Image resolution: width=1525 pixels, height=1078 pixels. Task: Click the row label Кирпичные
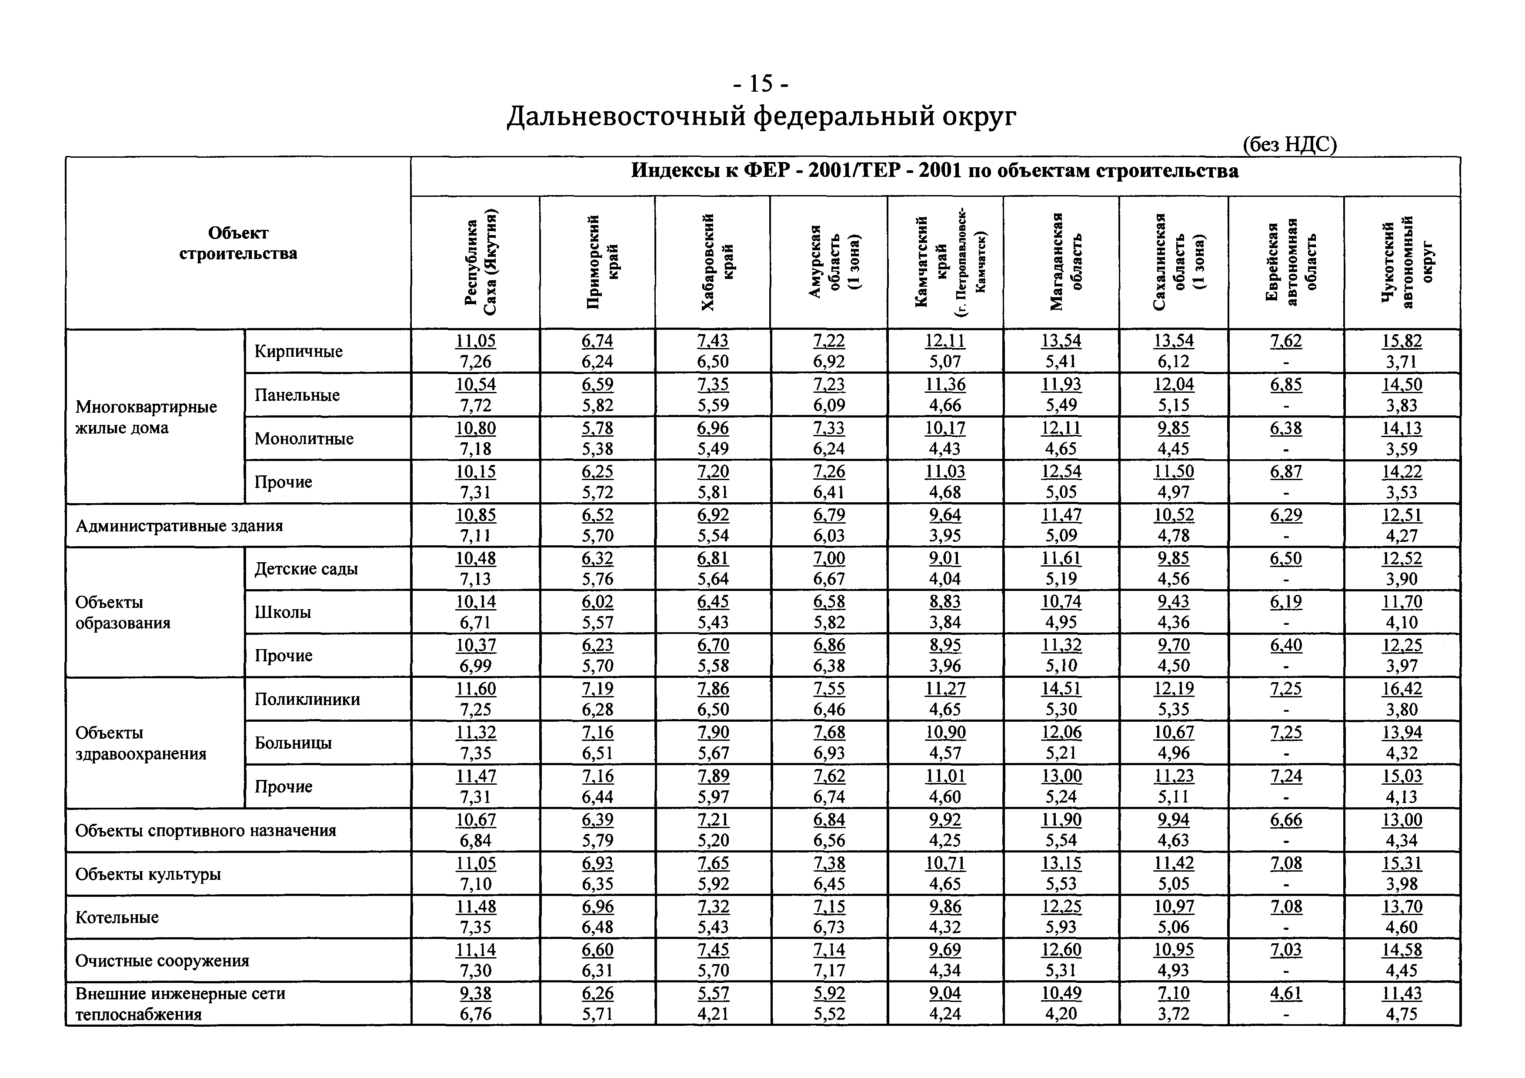298,351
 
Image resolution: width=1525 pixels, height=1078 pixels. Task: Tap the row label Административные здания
179,526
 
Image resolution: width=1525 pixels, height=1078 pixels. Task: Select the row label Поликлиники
307,699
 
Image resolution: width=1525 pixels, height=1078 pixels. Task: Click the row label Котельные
117,917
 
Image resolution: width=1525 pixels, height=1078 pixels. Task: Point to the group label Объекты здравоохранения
141,743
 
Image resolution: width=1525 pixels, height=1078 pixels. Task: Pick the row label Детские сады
306,569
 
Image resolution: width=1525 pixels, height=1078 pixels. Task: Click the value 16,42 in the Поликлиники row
1402,689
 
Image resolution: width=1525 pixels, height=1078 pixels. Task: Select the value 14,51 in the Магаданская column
1061,689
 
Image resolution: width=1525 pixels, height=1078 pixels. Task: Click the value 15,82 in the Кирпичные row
1402,341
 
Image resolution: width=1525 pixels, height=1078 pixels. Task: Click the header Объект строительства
238,243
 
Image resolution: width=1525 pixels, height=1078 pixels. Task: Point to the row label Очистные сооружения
162,961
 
